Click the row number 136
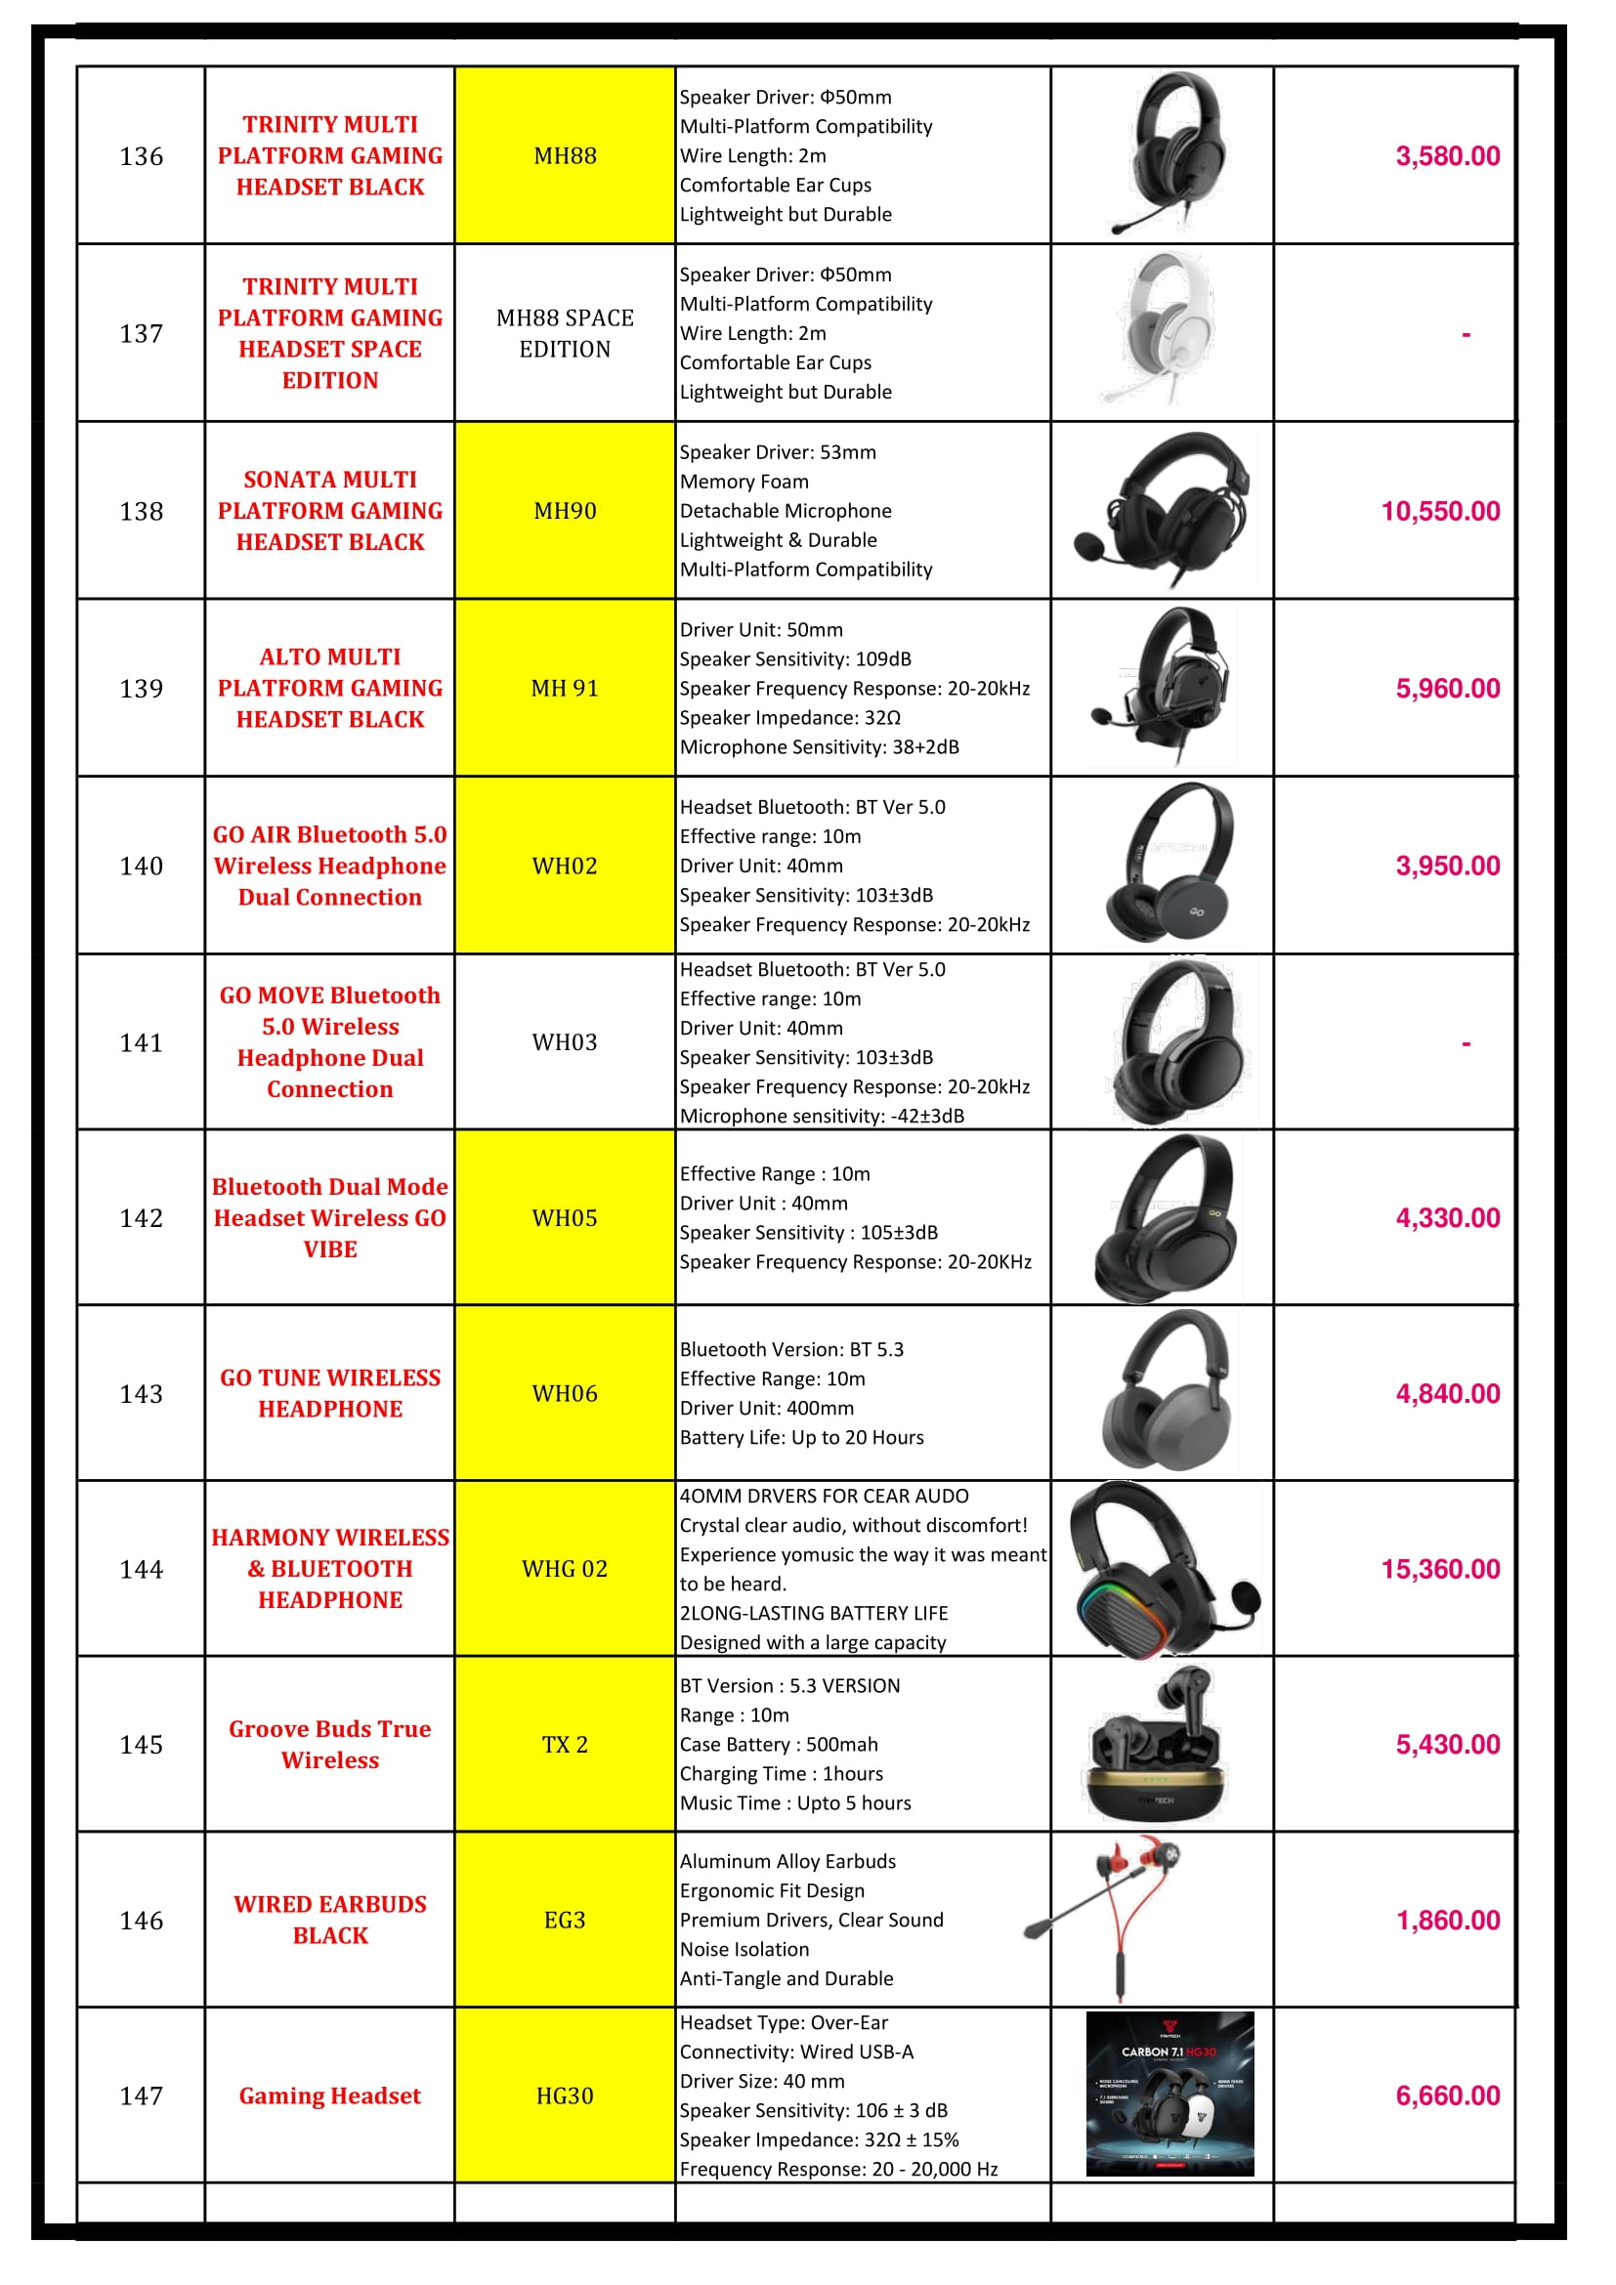tap(142, 156)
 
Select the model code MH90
tap(564, 512)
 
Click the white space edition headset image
tap(1163, 330)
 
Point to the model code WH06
tap(564, 1394)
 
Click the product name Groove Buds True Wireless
tap(329, 1745)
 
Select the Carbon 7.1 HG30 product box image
tap(1169, 2094)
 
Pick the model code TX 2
tap(564, 1745)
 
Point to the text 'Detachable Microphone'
tap(786, 512)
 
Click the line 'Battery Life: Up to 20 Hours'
tap(801, 1438)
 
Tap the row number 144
tap(142, 1570)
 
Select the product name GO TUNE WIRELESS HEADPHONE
tap(329, 1393)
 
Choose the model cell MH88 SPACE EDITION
tap(564, 333)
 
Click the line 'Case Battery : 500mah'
tap(778, 1745)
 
